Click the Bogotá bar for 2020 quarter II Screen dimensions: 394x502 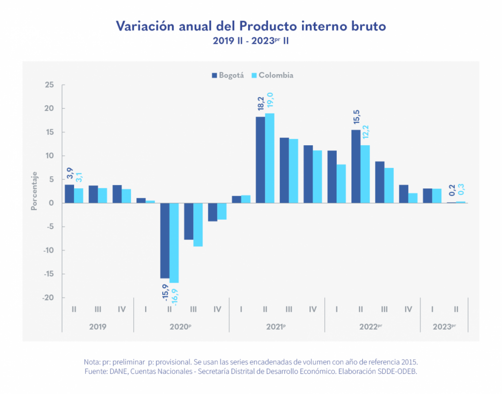[x=165, y=240]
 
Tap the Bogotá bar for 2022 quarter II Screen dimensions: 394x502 [x=356, y=166]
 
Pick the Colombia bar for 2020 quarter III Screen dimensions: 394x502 [x=198, y=225]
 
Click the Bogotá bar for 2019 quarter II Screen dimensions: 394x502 [x=69, y=194]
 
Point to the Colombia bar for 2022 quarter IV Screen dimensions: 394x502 [x=413, y=198]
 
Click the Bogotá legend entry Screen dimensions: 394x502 [x=228, y=76]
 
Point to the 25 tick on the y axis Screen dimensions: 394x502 [x=49, y=85]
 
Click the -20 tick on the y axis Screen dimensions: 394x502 [x=48, y=298]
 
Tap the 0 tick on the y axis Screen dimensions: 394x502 [x=51, y=203]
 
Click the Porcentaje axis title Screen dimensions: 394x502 [x=34, y=190]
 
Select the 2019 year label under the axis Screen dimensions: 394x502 [x=98, y=326]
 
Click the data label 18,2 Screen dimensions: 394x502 [x=261, y=105]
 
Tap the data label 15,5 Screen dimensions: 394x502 [x=356, y=118]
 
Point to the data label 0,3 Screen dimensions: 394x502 [x=461, y=189]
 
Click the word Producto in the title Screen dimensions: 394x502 [x=265, y=26]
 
